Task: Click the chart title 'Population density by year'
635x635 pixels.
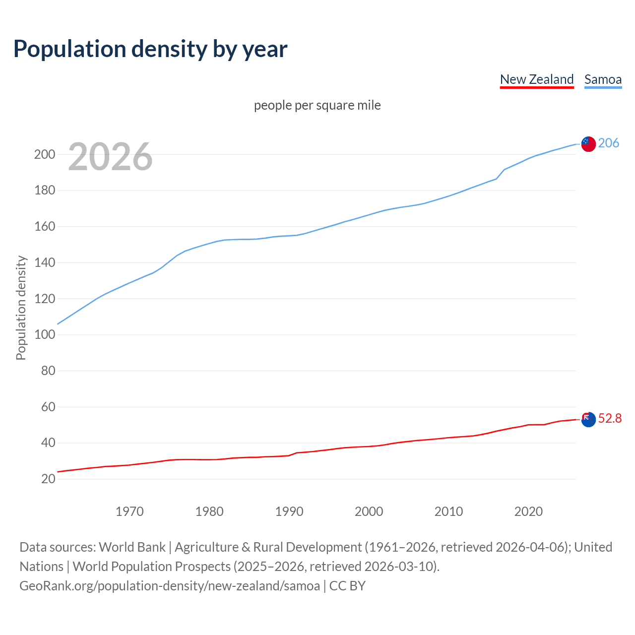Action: coord(150,49)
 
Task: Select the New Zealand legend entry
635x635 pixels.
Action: coord(536,79)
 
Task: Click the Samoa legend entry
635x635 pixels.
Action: coord(603,79)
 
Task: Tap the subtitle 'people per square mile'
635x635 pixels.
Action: coord(317,105)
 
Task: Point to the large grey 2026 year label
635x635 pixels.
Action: coord(110,157)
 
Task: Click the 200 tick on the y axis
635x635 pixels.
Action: coord(44,154)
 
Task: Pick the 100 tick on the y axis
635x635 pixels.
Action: coord(44,334)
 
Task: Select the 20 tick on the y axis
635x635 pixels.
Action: coord(48,479)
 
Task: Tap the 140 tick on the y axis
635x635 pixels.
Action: coord(44,262)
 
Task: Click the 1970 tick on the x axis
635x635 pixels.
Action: coord(129,511)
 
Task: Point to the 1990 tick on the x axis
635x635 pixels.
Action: coord(289,511)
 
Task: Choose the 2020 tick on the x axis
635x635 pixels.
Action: coord(528,511)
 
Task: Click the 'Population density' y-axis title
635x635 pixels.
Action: coord(21,308)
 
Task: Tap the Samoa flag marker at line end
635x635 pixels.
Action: coord(588,144)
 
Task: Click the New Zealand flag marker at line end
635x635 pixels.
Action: coord(588,420)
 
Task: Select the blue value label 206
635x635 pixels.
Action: coord(609,143)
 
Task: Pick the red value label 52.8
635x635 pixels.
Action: coord(610,419)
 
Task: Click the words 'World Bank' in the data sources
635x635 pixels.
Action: coord(132,547)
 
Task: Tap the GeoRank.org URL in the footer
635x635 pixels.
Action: coord(170,586)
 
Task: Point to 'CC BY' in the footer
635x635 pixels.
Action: coord(347,586)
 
